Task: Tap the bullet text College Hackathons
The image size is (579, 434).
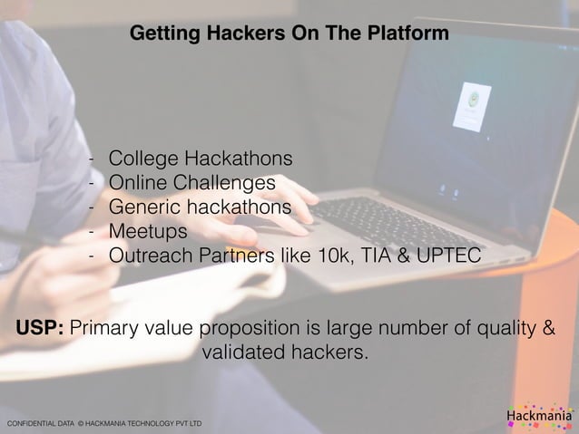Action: [x=200, y=159]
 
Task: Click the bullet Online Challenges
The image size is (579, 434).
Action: [x=191, y=183]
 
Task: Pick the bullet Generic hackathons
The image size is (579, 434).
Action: [x=200, y=207]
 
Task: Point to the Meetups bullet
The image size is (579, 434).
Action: [x=148, y=232]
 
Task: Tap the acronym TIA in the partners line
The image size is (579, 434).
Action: [x=372, y=256]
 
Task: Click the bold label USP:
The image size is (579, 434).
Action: [x=39, y=327]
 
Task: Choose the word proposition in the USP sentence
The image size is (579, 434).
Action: [x=271, y=327]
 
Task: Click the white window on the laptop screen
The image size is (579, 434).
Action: [x=470, y=106]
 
